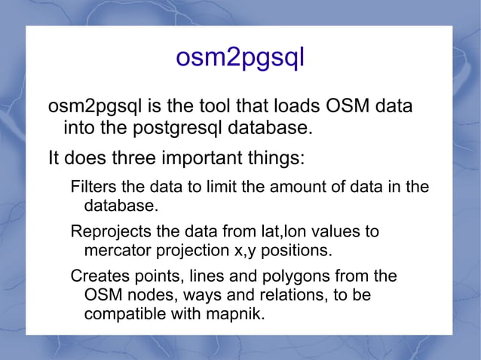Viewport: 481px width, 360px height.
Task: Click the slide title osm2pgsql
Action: (240, 58)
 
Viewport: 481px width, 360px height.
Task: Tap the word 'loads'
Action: (302, 106)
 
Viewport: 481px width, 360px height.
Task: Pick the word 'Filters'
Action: (92, 187)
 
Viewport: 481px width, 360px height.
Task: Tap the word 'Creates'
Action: (97, 276)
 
